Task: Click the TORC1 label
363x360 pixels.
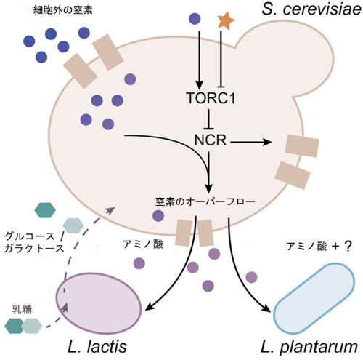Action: (x=211, y=98)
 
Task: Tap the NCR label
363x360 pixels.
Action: (x=211, y=140)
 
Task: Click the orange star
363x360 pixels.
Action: (x=226, y=21)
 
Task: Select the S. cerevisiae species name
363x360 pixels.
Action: (x=311, y=10)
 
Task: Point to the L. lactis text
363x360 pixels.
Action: (x=97, y=346)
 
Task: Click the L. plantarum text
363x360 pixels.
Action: (x=309, y=347)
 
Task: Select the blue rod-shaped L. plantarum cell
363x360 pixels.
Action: (x=314, y=297)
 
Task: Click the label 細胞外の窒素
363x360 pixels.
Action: (x=63, y=10)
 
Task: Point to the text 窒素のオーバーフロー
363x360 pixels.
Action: (x=205, y=201)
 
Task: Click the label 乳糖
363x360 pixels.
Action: (x=22, y=310)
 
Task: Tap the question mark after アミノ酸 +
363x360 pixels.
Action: (x=347, y=247)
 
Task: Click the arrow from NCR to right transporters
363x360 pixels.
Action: (x=251, y=143)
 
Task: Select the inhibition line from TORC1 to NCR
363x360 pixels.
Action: (x=209, y=119)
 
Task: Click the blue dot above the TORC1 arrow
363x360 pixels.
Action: (x=195, y=19)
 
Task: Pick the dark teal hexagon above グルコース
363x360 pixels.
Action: (x=45, y=210)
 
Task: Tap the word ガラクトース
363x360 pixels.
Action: (x=34, y=248)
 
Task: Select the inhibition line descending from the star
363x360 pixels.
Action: (x=221, y=59)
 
